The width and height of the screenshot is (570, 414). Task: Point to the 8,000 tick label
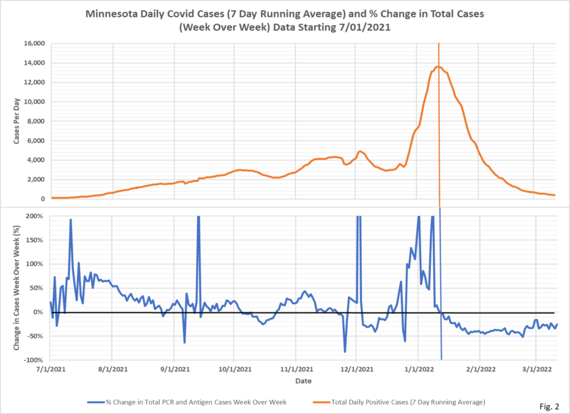point(36,121)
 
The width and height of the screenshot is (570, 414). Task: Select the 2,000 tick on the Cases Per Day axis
point(36,180)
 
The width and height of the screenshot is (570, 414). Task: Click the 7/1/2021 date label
point(51,369)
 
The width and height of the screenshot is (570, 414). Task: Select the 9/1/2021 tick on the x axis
point(174,369)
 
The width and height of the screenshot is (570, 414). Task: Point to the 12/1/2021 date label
point(356,369)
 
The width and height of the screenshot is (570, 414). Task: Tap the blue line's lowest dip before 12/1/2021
point(345,352)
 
